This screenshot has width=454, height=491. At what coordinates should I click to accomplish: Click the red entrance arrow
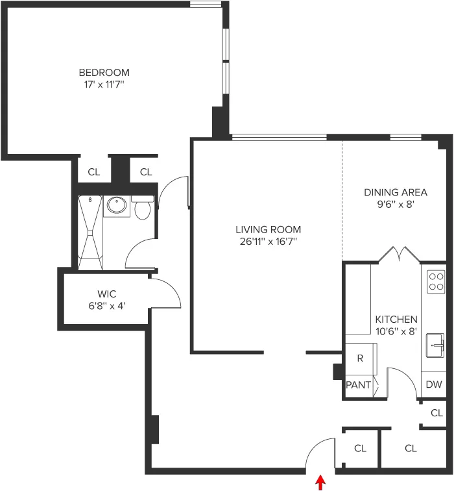coord(320,483)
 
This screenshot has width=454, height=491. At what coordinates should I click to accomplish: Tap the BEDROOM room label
coord(104,72)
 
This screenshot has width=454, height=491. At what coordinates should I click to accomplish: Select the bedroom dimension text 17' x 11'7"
coord(104,84)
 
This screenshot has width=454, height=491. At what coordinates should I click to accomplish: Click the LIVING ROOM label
coord(268,229)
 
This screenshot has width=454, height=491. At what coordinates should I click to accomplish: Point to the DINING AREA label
coord(395,192)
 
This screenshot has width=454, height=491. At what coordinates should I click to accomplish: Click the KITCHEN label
coord(396,320)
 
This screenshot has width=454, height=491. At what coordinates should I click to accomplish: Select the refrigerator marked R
coord(360,359)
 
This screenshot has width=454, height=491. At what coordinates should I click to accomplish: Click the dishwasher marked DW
coord(434,384)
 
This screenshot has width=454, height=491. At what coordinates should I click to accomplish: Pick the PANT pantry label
coord(359,385)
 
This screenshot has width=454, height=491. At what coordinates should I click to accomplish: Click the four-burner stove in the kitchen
coord(436,281)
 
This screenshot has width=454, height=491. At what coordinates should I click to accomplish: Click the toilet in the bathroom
coord(142,208)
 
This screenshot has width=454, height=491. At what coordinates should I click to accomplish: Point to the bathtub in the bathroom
coord(90,232)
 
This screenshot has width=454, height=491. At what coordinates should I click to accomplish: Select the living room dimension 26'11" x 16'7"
coord(268,242)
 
